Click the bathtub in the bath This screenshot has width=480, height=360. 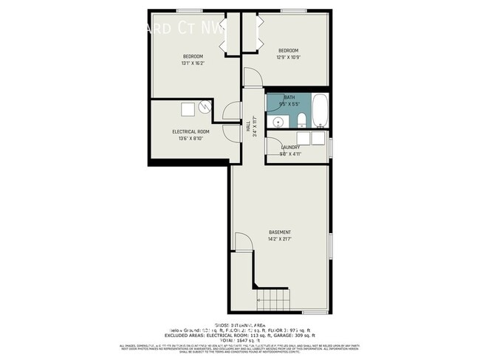(319, 110)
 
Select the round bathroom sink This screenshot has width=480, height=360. (278, 122)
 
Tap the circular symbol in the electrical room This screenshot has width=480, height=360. (204, 108)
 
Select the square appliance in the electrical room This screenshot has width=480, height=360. (188, 108)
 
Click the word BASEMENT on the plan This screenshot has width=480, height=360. (279, 232)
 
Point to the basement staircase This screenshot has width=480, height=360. (270, 300)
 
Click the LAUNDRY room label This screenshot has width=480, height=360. (289, 148)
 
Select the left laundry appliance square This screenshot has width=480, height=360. (304, 137)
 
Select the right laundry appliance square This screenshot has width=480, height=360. (318, 137)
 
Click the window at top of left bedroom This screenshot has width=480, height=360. (190, 10)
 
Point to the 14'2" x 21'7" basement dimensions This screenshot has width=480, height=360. (279, 239)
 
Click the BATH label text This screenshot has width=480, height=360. (289, 97)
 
